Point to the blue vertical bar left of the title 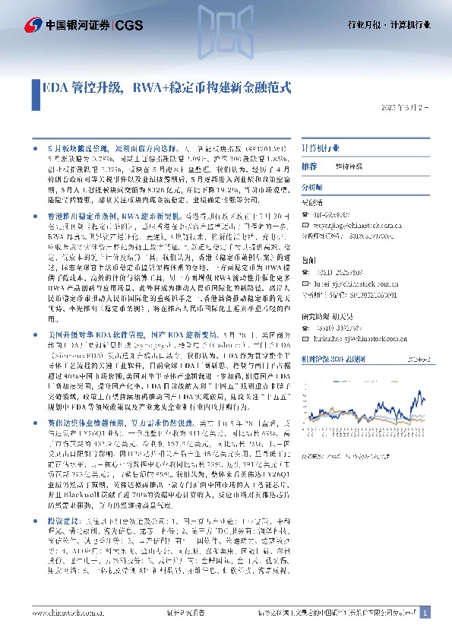[34, 87]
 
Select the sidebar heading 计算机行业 [322, 147]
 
